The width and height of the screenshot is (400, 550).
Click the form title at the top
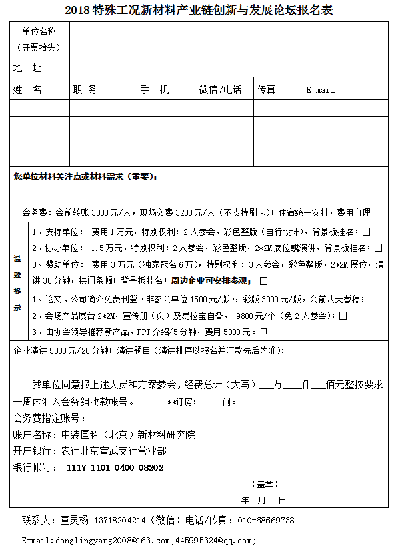click(x=199, y=9)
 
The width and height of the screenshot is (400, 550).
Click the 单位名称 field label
click(x=39, y=31)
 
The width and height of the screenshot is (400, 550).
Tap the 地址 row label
click(x=27, y=68)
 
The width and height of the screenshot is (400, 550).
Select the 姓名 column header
click(x=27, y=89)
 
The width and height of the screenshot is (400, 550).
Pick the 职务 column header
click(x=85, y=89)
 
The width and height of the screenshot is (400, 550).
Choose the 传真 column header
click(x=267, y=89)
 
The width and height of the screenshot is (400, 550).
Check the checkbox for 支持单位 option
click(x=366, y=232)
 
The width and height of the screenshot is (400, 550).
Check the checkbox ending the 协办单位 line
click(x=379, y=248)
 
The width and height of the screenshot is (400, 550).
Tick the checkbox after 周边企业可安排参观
click(x=264, y=280)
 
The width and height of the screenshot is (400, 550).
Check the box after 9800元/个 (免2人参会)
click(x=343, y=316)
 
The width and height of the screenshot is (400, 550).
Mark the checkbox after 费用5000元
click(x=263, y=331)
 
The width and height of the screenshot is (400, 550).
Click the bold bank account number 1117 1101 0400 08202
click(x=115, y=467)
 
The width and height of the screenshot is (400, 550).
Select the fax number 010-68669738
click(x=266, y=520)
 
